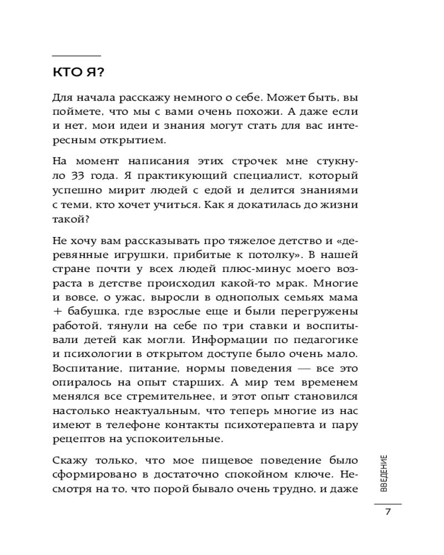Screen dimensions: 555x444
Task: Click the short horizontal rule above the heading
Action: tap(77, 56)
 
